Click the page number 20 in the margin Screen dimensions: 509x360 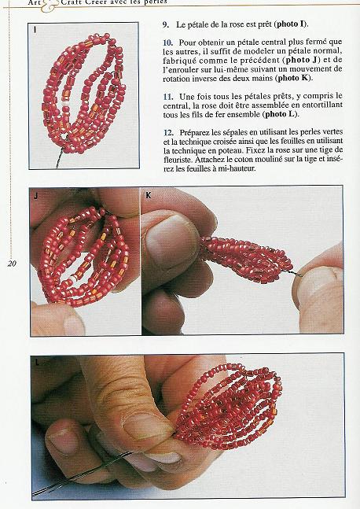(x=12, y=264)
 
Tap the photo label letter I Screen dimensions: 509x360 (x=35, y=30)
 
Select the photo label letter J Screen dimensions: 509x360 (x=35, y=194)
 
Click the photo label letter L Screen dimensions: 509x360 (x=36, y=363)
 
